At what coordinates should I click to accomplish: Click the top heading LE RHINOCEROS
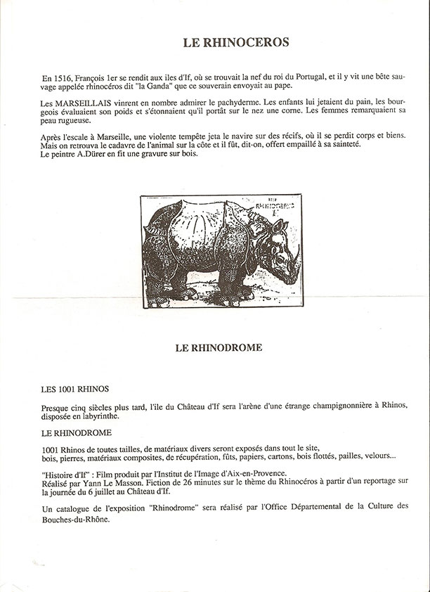236,42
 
